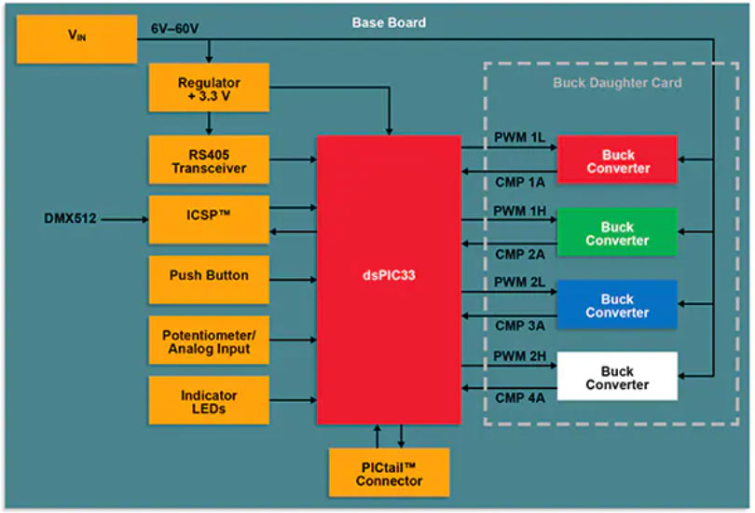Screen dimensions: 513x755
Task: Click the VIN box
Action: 76,38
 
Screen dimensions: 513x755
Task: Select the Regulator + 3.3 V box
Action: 208,90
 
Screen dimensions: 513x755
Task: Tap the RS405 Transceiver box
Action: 208,160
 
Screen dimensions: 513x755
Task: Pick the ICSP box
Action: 208,219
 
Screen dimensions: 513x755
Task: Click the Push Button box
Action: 208,277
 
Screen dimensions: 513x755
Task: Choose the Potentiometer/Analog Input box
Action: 208,341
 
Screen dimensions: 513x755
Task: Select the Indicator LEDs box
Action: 208,402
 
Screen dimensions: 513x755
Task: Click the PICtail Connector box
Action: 389,473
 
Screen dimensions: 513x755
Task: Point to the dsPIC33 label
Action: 388,278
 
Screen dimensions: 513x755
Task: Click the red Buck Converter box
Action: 616,160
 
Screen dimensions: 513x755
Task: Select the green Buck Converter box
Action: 616,233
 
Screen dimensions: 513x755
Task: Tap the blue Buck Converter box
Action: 616,305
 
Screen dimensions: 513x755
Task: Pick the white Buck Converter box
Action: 616,377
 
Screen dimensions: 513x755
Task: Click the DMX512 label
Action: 70,219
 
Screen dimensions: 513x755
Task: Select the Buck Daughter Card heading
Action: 616,83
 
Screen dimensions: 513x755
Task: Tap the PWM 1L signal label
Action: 519,137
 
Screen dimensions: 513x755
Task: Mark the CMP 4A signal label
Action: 519,399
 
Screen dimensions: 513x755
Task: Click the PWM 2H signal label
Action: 519,354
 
